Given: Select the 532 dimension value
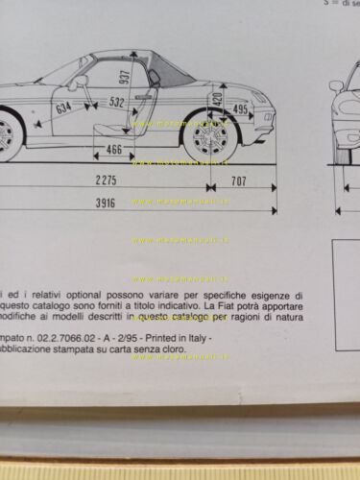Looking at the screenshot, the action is (116, 102).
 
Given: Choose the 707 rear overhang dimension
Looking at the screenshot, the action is (240, 180).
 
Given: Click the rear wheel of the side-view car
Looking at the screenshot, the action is (206, 137).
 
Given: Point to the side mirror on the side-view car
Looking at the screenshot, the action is (75, 83).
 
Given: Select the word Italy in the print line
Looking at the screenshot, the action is (197, 340).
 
